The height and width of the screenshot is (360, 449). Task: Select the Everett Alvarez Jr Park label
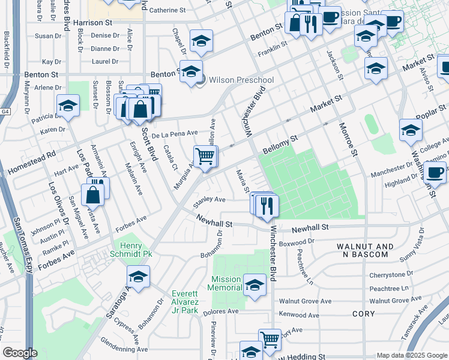click(x=184, y=302)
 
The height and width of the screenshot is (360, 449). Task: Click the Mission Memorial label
click(x=224, y=284)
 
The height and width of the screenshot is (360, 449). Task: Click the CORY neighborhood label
click(x=363, y=314)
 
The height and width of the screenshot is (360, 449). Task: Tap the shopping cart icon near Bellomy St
click(x=205, y=156)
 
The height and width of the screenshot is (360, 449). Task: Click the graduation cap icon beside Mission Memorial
click(x=255, y=284)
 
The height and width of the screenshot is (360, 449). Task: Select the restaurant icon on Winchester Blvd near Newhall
click(x=265, y=205)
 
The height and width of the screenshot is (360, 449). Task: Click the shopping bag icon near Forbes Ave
click(x=94, y=194)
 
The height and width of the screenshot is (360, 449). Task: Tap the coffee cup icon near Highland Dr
click(x=435, y=172)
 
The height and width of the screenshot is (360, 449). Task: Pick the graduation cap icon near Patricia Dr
click(x=68, y=106)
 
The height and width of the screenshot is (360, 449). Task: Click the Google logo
click(x=20, y=353)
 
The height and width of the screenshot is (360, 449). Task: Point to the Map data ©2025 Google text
click(x=411, y=355)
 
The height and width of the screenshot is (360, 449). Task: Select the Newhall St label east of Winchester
click(x=310, y=228)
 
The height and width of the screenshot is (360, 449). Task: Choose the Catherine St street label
click(x=167, y=10)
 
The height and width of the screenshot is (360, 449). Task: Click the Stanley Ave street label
click(x=208, y=200)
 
